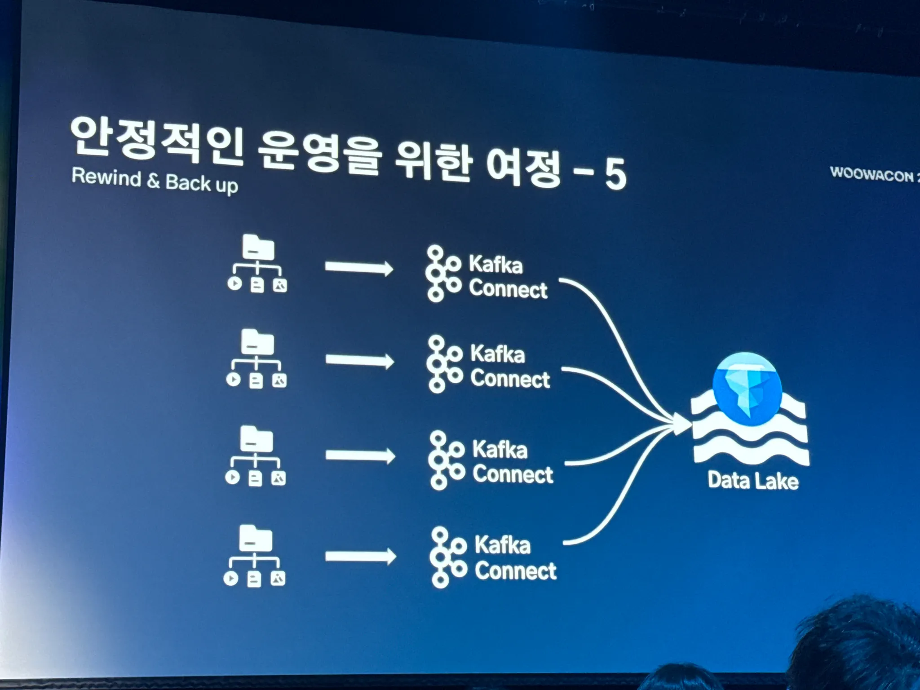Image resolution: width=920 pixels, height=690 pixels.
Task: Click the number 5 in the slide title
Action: [x=615, y=174]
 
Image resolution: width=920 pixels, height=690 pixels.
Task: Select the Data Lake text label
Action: [x=753, y=481]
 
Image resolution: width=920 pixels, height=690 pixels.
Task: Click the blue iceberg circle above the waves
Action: [x=747, y=389]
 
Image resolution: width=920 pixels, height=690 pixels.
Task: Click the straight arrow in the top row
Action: [x=358, y=268]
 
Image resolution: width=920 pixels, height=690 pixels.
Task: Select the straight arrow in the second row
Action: [x=359, y=361]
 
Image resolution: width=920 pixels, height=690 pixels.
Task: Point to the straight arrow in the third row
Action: [x=360, y=456]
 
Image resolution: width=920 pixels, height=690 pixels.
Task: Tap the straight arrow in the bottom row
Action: [x=360, y=557]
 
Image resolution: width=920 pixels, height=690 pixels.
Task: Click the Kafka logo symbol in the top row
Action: [x=442, y=273]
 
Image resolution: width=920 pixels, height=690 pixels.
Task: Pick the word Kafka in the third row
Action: [x=500, y=449]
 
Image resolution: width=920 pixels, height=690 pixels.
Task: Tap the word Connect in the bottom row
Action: [x=515, y=571]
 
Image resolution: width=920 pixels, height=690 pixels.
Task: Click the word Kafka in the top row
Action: [x=495, y=264]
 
